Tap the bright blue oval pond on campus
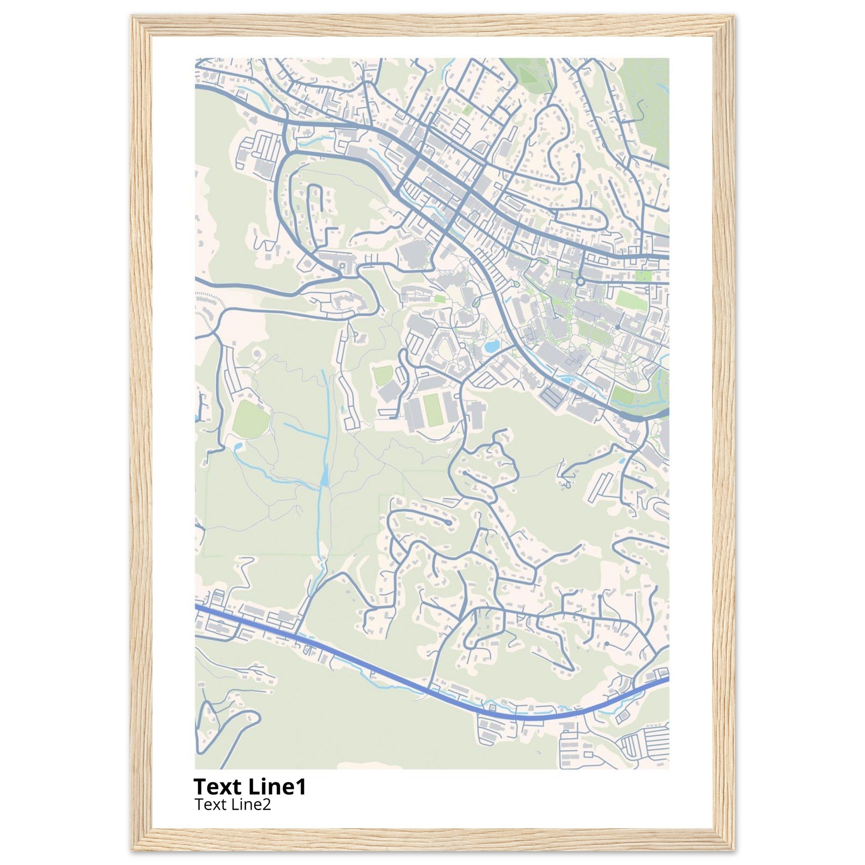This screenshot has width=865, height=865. (491, 346)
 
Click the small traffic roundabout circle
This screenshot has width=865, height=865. (580, 281)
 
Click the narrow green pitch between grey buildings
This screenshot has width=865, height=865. (432, 410)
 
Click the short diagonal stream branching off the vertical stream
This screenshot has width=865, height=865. (305, 430)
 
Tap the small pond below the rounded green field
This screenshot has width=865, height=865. (238, 446)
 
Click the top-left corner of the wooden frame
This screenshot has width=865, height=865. (133, 17)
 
